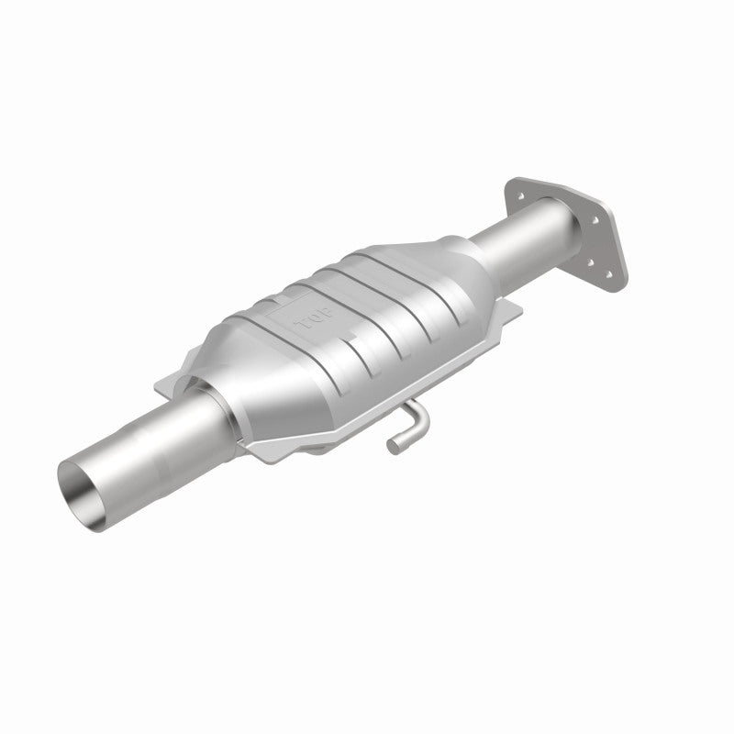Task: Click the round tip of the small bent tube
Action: pos(392,448)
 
